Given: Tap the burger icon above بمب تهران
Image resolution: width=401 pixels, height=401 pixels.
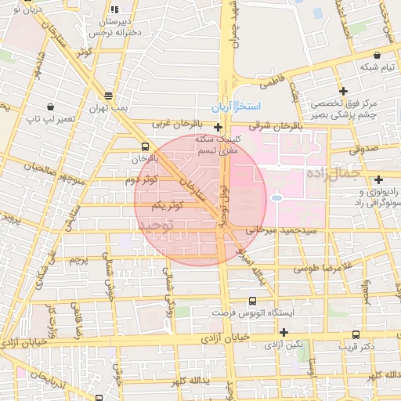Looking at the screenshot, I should tap(107, 96).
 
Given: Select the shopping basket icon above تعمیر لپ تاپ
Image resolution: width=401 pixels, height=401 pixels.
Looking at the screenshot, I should tap(51, 106).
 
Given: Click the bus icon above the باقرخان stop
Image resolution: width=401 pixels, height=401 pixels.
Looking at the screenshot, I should tap(146, 146).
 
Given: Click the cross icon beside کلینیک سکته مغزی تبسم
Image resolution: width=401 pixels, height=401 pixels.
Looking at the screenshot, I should tap(218, 125).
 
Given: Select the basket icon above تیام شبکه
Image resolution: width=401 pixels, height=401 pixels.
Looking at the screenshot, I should tap(378, 56).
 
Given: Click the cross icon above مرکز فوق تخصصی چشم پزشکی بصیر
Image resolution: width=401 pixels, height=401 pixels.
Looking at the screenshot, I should tap(342, 91).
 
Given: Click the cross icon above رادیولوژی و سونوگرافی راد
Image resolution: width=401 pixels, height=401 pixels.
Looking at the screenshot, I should tap(379, 179).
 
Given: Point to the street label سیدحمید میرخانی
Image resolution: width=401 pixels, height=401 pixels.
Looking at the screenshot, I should tap(278, 232).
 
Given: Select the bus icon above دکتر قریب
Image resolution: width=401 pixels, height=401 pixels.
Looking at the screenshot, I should tap(357, 333).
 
